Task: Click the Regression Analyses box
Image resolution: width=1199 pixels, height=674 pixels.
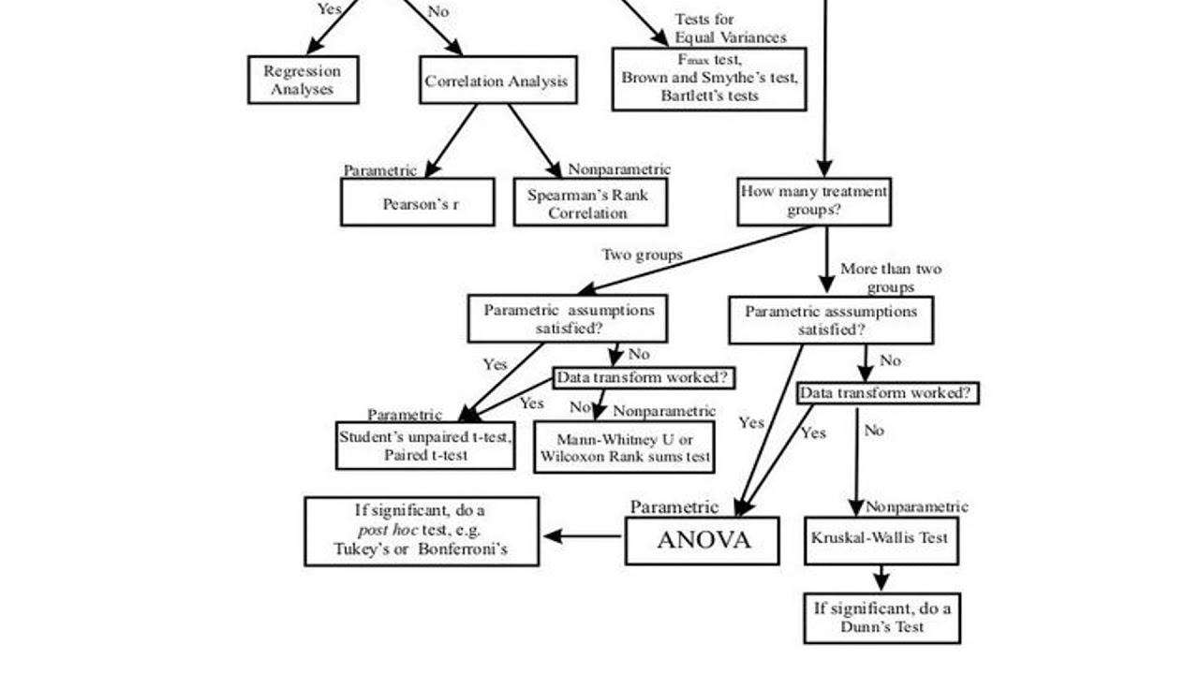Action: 303,80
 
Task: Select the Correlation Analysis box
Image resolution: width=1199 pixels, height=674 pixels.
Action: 496,81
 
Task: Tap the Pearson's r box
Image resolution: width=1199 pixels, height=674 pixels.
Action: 418,203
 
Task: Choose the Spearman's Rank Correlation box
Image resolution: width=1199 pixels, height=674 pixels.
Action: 589,203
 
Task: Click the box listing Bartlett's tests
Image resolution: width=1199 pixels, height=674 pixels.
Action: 709,79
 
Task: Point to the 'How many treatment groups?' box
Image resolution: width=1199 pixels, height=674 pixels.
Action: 813,201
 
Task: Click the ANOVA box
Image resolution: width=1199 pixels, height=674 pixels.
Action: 703,540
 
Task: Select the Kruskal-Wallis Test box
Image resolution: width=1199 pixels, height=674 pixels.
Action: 881,539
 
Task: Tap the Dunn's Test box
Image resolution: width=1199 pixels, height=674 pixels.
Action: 881,617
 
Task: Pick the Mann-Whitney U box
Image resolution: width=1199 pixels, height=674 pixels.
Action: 624,447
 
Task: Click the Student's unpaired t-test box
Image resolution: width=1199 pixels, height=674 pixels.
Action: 425,446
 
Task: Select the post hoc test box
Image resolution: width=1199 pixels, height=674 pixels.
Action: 422,531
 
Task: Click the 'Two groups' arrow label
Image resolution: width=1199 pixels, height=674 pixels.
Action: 642,255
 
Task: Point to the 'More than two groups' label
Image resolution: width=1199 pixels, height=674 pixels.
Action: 890,278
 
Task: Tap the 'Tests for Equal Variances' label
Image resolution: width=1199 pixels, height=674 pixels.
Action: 730,28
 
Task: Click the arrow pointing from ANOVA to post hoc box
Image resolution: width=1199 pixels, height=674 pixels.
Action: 582,536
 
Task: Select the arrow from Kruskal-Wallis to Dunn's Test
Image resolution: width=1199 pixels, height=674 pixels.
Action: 881,579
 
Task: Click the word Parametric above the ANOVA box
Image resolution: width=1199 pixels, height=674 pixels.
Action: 674,507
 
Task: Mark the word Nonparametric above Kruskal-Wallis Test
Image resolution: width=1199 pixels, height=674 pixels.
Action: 916,506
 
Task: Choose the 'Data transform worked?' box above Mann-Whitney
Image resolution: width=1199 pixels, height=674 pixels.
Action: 644,378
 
